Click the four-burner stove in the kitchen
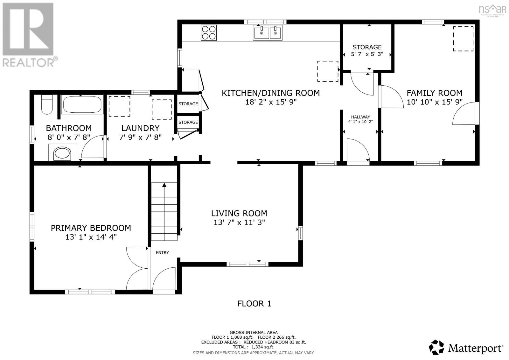click(x=209, y=32)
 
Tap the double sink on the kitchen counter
click(x=268, y=33)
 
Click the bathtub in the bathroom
click(x=82, y=104)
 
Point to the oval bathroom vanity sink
click(x=63, y=154)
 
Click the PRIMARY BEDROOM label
click(x=91, y=228)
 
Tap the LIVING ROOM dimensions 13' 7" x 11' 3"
click(x=239, y=222)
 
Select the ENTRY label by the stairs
click(x=162, y=252)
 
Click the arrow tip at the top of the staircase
click(x=164, y=185)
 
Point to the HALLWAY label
click(x=360, y=117)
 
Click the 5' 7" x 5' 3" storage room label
click(x=367, y=54)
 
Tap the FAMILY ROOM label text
click(x=434, y=93)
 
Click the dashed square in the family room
click(x=463, y=39)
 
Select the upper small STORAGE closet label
click(x=188, y=104)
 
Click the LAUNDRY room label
click(x=140, y=128)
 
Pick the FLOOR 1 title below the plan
click(x=254, y=303)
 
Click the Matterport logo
click(x=466, y=347)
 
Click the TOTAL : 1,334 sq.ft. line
click(x=254, y=347)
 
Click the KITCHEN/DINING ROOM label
click(x=270, y=93)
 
